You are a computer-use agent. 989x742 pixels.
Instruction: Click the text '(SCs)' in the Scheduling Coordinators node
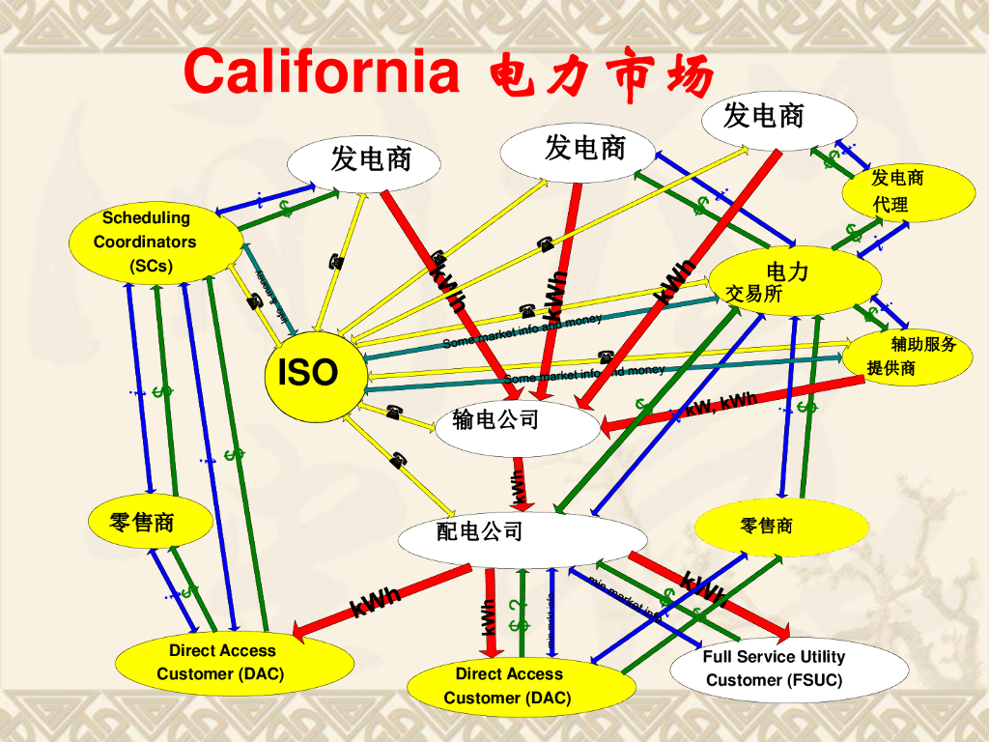(x=151, y=266)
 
